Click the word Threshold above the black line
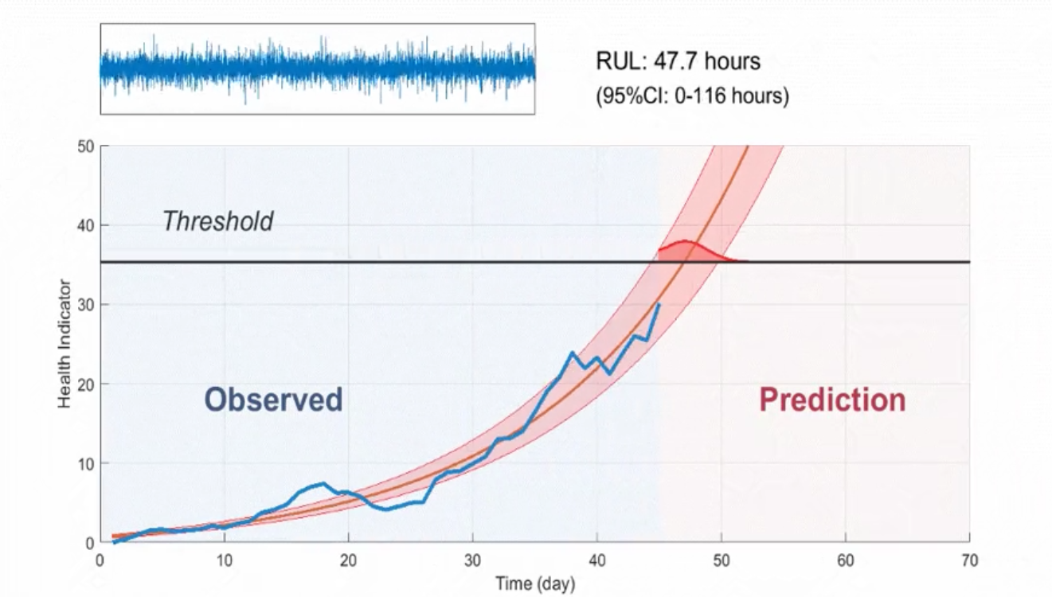pos(217,221)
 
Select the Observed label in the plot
pos(273,400)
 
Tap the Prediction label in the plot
pos(832,400)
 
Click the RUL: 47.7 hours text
pos(678,61)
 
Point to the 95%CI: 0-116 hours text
pos(692,97)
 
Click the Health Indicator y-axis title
pos(65,345)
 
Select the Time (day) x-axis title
pos(534,584)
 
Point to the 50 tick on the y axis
pos(86,146)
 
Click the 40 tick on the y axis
pos(86,226)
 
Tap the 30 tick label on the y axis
pos(86,305)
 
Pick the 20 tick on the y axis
pos(86,384)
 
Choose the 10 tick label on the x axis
pos(224,561)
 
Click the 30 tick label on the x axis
pos(472,561)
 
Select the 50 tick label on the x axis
pos(721,561)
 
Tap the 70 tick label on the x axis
pos(969,561)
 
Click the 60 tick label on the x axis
pos(845,561)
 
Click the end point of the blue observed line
pos(659,304)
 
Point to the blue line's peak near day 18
pos(322,484)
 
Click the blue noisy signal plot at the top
pos(317,69)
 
